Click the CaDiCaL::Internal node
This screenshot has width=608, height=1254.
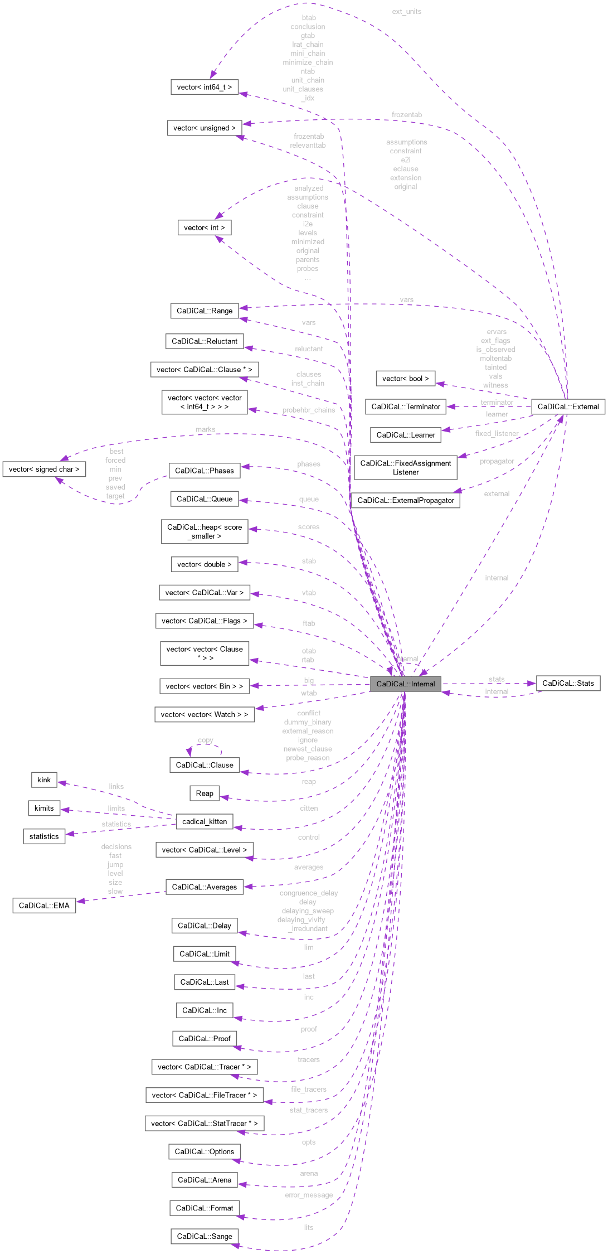pyautogui.click(x=405, y=684)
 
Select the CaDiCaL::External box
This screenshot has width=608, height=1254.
pyautogui.click(x=568, y=406)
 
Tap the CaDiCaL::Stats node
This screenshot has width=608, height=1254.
pyautogui.click(x=568, y=683)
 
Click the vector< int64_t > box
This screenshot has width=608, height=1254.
pyautogui.click(x=205, y=87)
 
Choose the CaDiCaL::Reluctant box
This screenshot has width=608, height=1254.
pyautogui.click(x=205, y=341)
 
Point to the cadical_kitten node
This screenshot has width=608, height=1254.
pyautogui.click(x=205, y=821)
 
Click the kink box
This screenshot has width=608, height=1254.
pyautogui.click(x=44, y=780)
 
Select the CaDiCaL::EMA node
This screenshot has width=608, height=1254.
pyautogui.click(x=44, y=906)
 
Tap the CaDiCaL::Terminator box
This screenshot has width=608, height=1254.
pyautogui.click(x=406, y=406)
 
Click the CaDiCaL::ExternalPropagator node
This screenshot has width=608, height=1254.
pyautogui.click(x=406, y=500)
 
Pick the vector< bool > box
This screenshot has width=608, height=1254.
pyautogui.click(x=406, y=379)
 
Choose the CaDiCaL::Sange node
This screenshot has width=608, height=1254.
pyautogui.click(x=205, y=1236)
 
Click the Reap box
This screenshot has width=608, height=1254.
pyautogui.click(x=205, y=793)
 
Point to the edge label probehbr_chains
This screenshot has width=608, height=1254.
pyautogui.click(x=308, y=410)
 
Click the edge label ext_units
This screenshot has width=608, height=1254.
pyautogui.click(x=406, y=11)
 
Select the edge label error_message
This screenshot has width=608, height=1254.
pyautogui.click(x=309, y=1195)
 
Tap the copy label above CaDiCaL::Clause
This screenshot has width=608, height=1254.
pyautogui.click(x=205, y=740)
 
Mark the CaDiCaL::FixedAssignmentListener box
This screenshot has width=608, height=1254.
pyautogui.click(x=406, y=468)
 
